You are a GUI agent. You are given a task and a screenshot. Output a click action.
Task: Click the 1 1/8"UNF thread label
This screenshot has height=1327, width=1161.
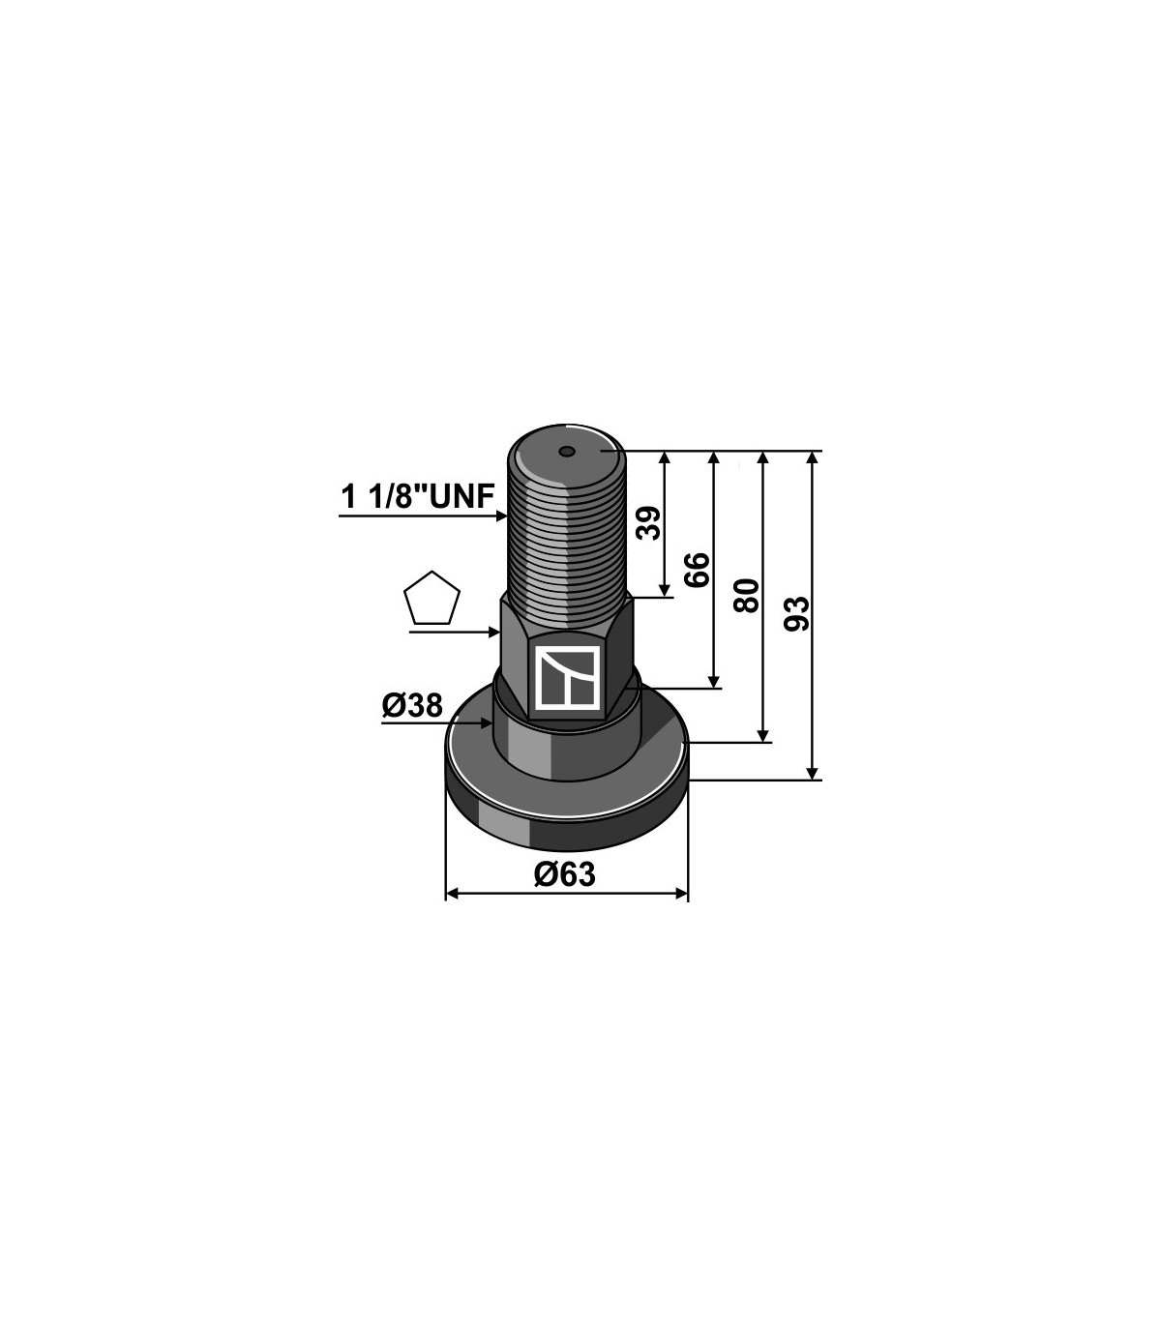coord(418,497)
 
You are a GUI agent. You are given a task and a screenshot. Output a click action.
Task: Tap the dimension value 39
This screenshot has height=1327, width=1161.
coord(648,522)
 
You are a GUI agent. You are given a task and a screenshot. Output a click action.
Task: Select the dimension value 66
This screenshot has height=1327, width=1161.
coord(698,570)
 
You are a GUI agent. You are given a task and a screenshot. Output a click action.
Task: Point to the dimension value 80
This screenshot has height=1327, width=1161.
coord(747,596)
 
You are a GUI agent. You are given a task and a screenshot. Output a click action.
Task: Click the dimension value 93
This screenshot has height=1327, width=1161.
coord(797,613)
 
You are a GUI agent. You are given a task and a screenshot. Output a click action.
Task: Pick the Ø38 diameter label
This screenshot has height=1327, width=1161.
coord(412,706)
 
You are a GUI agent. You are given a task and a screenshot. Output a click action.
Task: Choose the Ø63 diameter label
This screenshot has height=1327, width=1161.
coord(564,875)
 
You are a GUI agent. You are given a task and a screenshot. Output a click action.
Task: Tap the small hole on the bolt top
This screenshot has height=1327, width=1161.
coord(567,451)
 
